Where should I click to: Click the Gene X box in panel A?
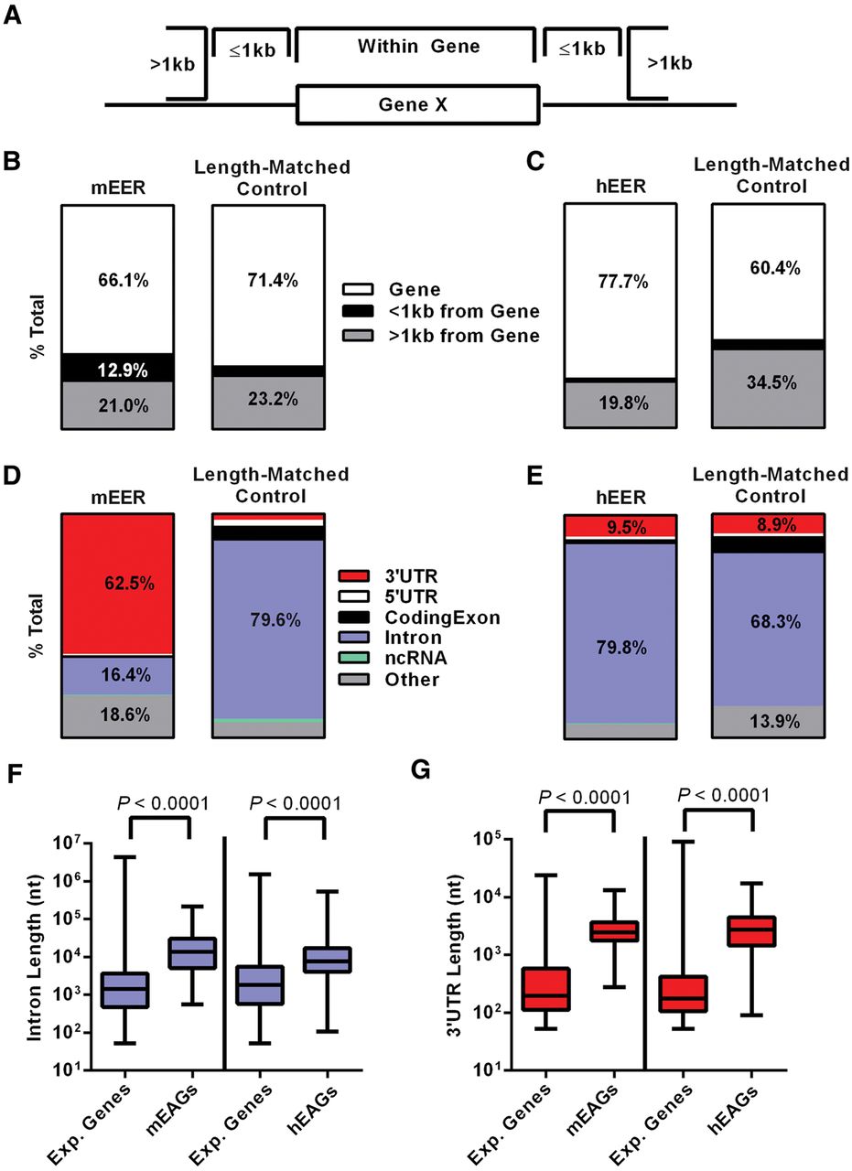417,105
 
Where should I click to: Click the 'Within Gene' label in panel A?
418,45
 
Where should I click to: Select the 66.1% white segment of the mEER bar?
117,279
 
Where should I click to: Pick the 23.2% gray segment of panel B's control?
268,403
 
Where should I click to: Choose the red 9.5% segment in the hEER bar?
620,526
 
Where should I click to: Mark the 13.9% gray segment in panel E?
768,721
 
